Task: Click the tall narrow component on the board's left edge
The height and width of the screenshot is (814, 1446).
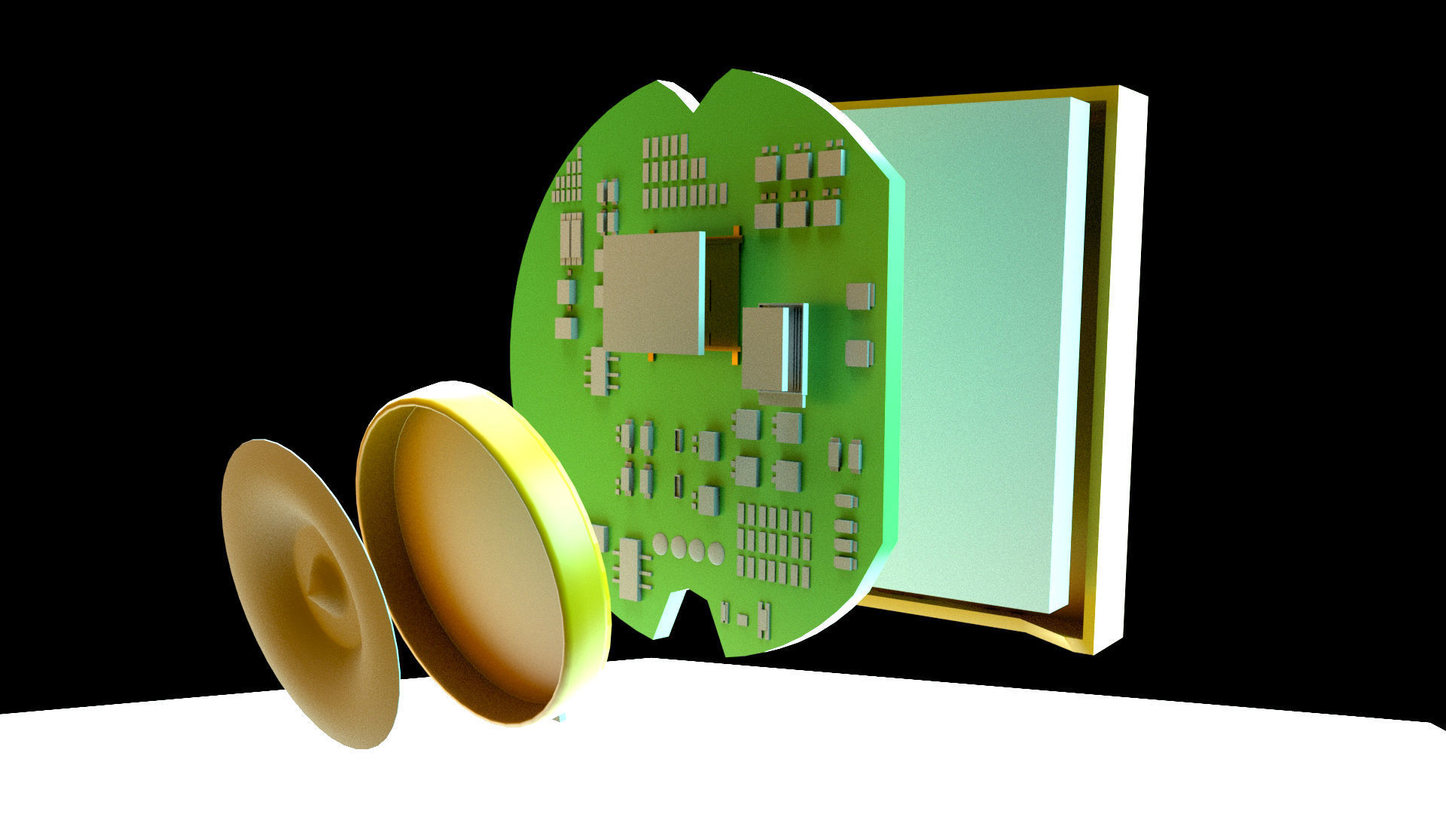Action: click(x=571, y=238)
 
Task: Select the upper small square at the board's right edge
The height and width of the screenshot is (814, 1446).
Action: click(x=859, y=295)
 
